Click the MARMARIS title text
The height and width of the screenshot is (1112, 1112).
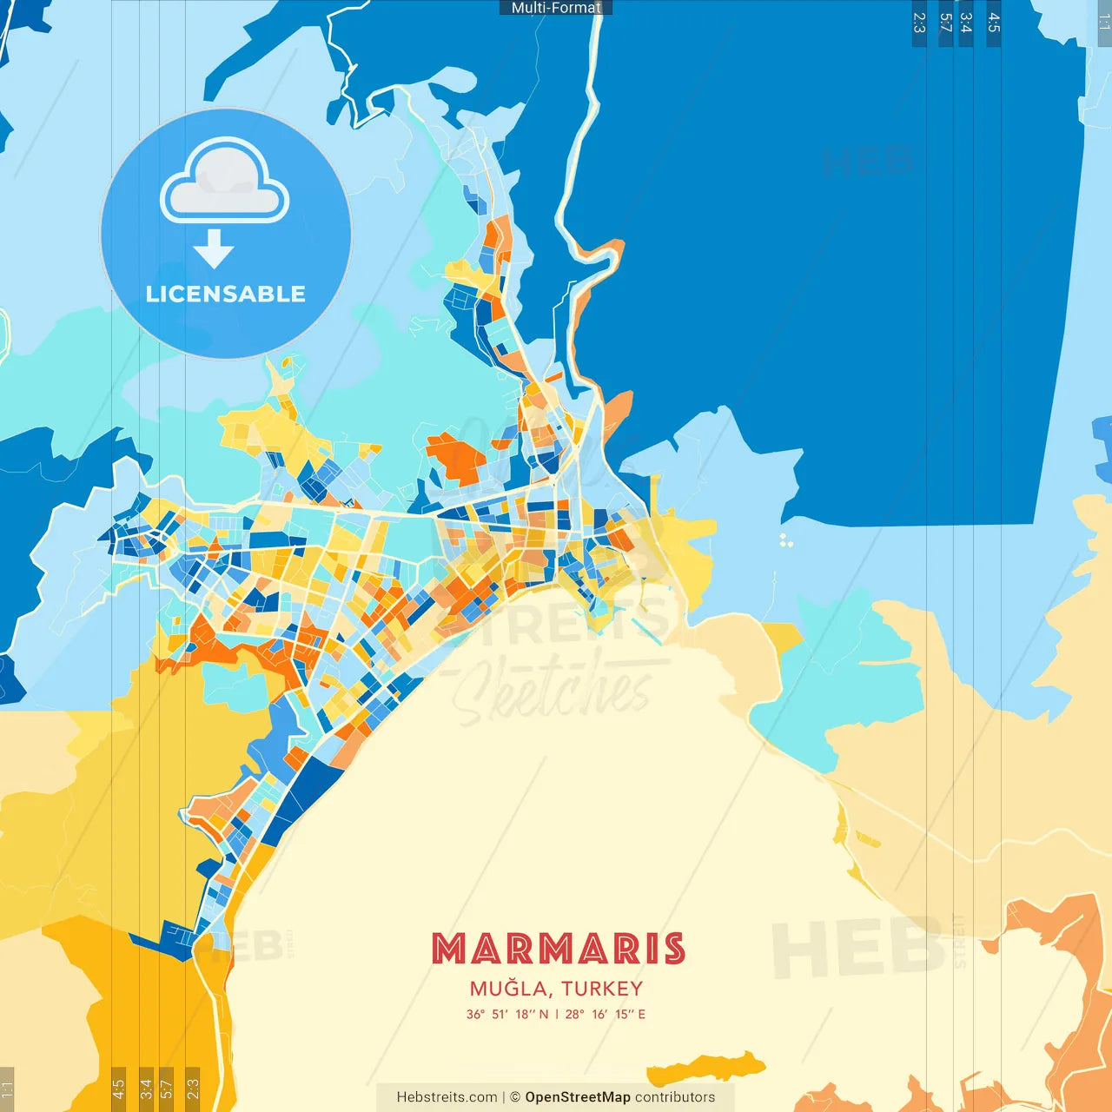pyautogui.click(x=559, y=949)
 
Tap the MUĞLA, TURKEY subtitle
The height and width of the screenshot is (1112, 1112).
pyautogui.click(x=556, y=989)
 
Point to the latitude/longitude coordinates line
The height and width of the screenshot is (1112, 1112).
pyautogui.click(x=556, y=1014)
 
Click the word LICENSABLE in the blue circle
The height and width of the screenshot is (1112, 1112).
pyautogui.click(x=226, y=294)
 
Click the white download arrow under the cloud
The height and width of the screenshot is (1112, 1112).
pyautogui.click(x=214, y=248)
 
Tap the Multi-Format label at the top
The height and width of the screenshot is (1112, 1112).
pyautogui.click(x=556, y=8)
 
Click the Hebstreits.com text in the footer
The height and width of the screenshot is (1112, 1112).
pyautogui.click(x=447, y=1097)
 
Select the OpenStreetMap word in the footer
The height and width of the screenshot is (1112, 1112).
pyautogui.click(x=577, y=1097)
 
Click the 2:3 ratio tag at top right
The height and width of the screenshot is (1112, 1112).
pyautogui.click(x=919, y=23)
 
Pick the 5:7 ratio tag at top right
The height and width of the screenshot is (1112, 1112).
pyautogui.click(x=945, y=23)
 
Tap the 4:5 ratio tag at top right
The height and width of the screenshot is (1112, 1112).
pyautogui.click(x=994, y=23)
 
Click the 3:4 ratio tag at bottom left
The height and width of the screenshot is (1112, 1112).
pyautogui.click(x=146, y=1089)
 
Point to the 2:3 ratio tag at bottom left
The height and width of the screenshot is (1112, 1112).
pyautogui.click(x=193, y=1089)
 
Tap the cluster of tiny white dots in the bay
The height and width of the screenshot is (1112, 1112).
pyautogui.click(x=785, y=540)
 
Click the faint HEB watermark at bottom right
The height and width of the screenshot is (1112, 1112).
pyautogui.click(x=856, y=947)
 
